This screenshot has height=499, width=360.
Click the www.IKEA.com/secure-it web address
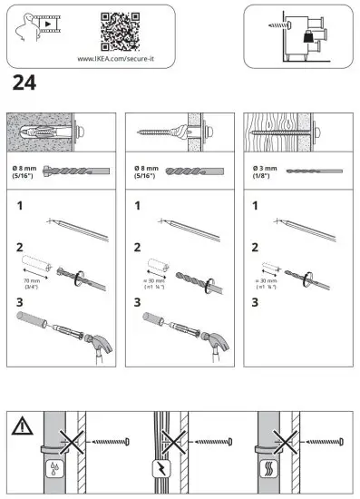tap(120, 59)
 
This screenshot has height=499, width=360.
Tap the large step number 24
tap(24, 84)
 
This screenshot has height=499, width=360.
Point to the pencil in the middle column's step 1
tap(199, 229)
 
